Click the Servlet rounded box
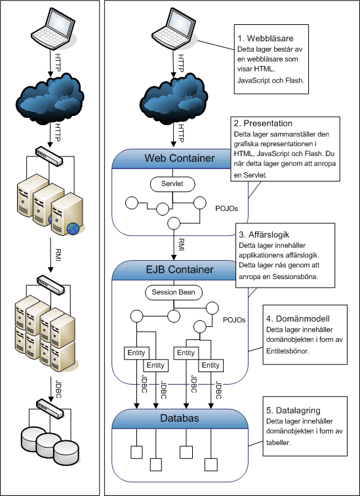pos(172,184)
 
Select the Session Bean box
pos(173,293)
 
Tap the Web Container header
pos(179,158)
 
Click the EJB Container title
pos(179,270)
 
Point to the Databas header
pos(179,418)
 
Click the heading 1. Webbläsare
pos(266,38)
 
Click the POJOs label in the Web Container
pos(226,209)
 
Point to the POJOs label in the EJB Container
pos(234,320)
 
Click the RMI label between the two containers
pos(181,244)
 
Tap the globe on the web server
pos(73,229)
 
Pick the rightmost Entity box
pos(210,366)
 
